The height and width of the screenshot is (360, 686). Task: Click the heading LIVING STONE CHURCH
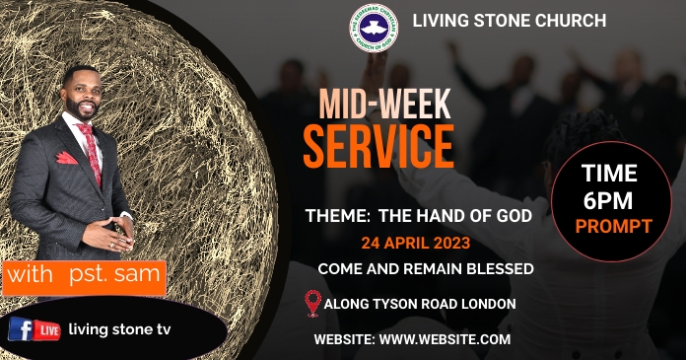point(509,20)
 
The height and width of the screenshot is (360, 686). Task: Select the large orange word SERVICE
point(378,146)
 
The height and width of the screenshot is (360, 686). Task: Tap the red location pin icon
point(314,303)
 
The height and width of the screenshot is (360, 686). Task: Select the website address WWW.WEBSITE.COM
point(446,339)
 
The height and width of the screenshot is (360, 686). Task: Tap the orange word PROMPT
point(614,226)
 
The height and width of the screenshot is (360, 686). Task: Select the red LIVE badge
point(46,330)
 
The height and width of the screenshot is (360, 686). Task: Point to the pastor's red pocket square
point(66,158)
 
